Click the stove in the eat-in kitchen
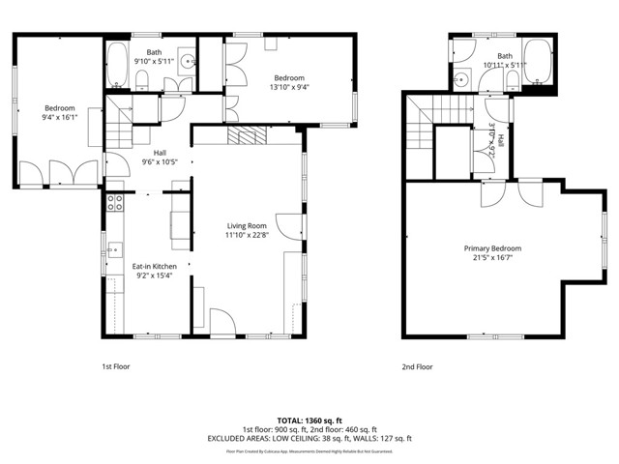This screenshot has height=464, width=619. pos(114,203)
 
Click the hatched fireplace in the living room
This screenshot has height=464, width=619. pos(246,136)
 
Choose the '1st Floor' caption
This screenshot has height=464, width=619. pos(116,366)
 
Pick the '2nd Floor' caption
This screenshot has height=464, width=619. pos(418,366)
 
